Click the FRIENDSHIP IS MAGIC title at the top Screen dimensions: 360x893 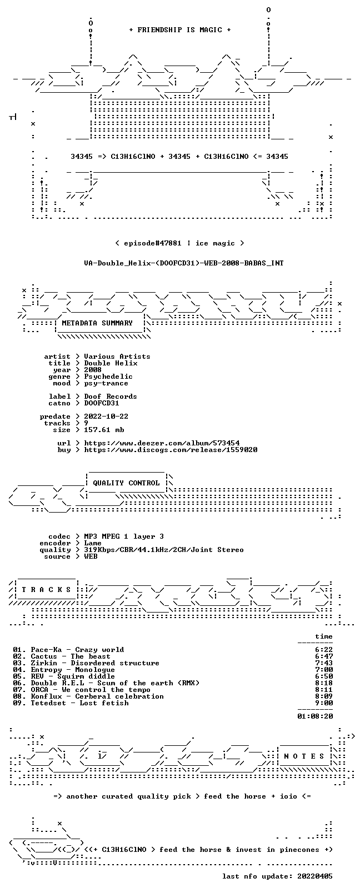(180, 30)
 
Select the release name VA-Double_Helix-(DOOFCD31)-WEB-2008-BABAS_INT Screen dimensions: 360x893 (184, 263)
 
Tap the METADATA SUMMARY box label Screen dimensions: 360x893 (97, 323)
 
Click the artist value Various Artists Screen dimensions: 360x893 (117, 357)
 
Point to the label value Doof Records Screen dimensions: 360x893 (111, 397)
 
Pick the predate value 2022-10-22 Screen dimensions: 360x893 (106, 416)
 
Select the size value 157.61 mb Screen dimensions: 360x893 (104, 430)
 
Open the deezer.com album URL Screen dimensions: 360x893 (162, 443)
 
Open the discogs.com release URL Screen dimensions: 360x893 (171, 450)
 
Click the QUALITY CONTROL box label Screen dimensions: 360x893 (126, 483)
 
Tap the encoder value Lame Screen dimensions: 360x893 (93, 543)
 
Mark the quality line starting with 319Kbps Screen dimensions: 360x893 (164, 550)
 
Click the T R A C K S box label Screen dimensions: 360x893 (46, 590)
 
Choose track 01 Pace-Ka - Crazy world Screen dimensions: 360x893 (68, 650)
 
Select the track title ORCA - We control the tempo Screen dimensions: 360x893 (91, 690)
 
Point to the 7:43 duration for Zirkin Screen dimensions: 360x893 (324, 663)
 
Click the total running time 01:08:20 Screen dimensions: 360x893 (315, 716)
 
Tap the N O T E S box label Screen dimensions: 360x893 (304, 756)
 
